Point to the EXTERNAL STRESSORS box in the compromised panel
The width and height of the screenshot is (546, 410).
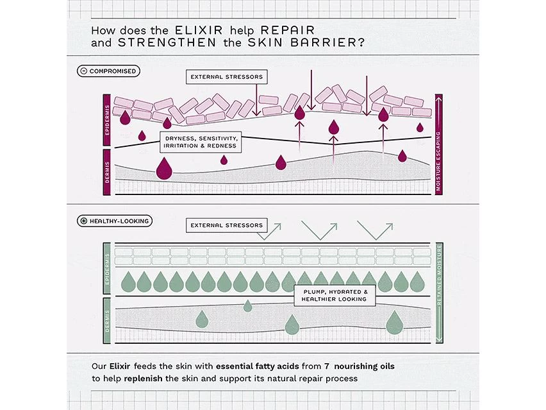click(227, 77)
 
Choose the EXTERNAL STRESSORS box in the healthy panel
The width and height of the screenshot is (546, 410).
click(225, 225)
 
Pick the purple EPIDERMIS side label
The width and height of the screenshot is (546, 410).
click(107, 120)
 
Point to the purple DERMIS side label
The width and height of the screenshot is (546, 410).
click(107, 172)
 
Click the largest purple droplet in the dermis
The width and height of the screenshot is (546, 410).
click(165, 169)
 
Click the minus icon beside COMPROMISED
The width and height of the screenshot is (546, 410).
click(84, 71)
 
